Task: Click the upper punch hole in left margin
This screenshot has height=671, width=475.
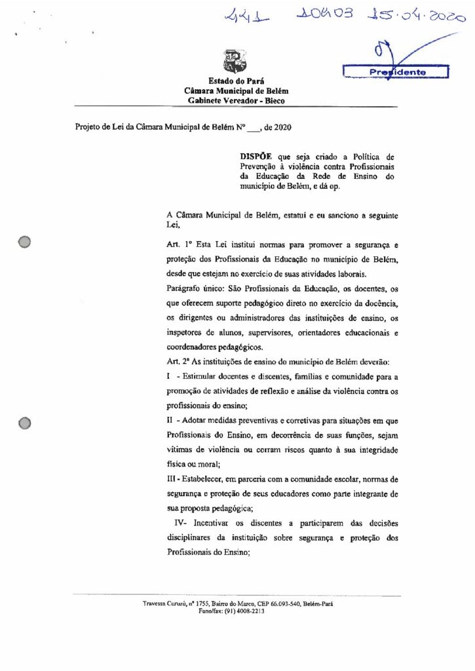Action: click(x=25, y=242)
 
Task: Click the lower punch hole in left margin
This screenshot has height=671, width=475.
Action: click(x=25, y=423)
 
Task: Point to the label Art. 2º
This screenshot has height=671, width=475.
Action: click(x=179, y=362)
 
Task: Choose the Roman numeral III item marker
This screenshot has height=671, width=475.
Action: click(x=174, y=480)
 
